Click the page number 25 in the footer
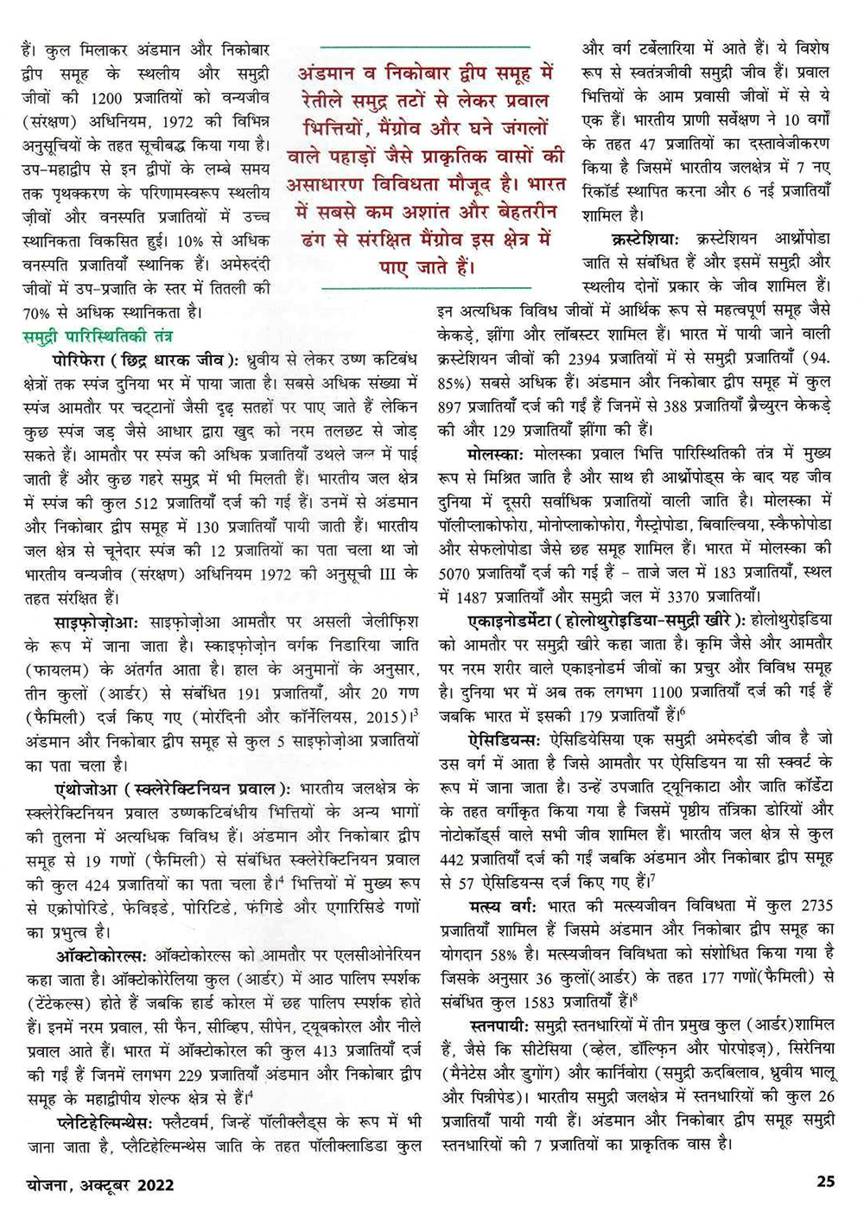click(826, 1180)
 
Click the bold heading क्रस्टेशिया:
click(646, 237)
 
